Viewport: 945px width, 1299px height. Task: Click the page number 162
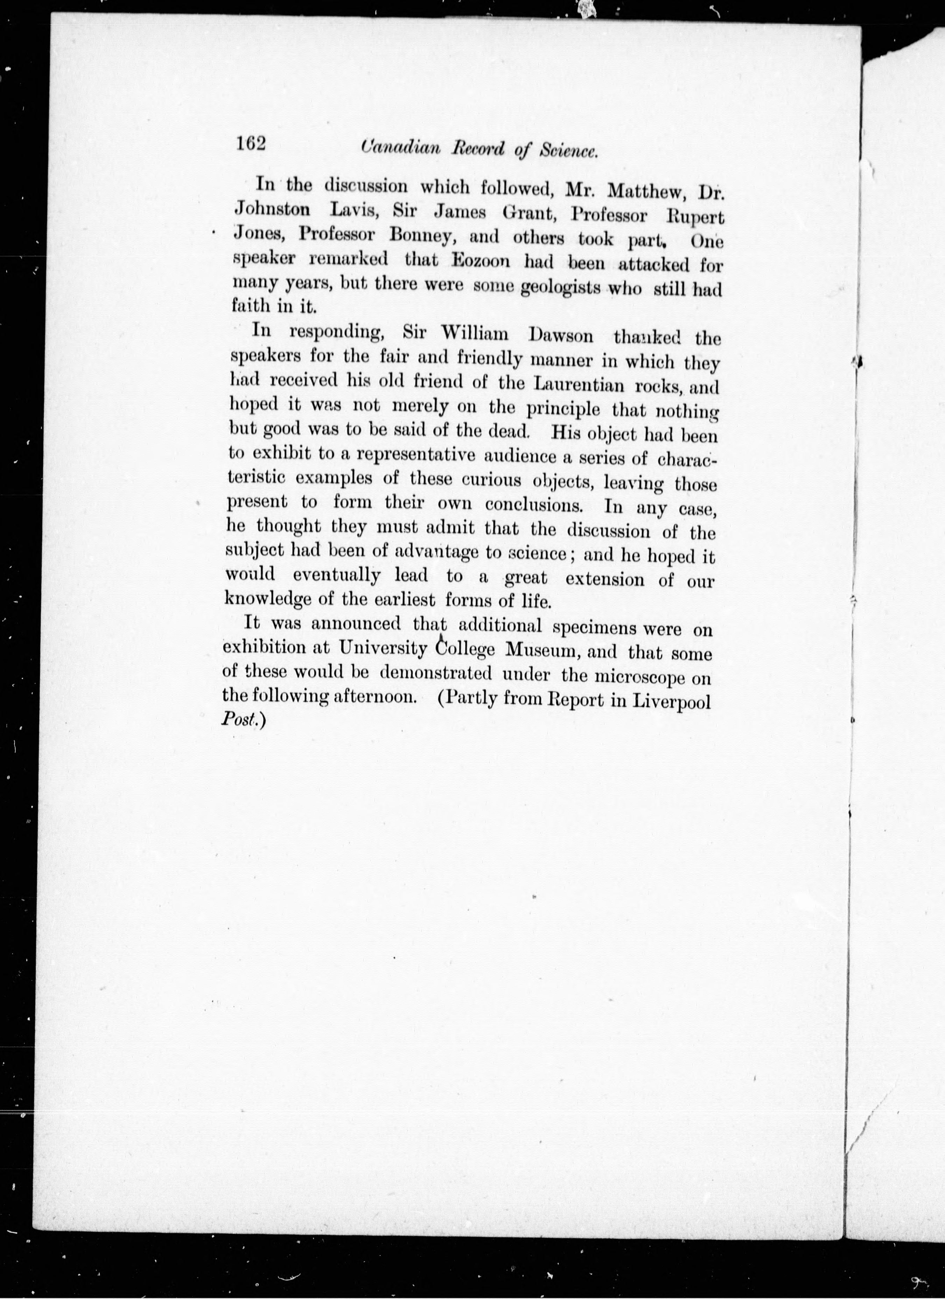251,143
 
